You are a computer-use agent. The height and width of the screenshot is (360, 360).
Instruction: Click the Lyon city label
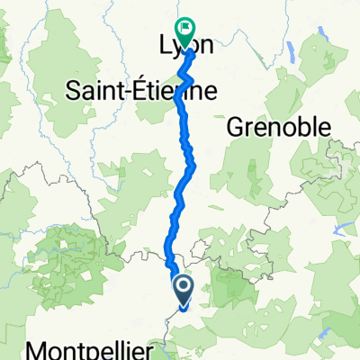185,46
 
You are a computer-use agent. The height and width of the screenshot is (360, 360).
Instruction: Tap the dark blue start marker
184,290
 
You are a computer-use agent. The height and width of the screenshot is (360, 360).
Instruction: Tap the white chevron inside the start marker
184,288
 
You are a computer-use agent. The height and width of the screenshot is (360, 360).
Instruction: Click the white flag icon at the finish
185,28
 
